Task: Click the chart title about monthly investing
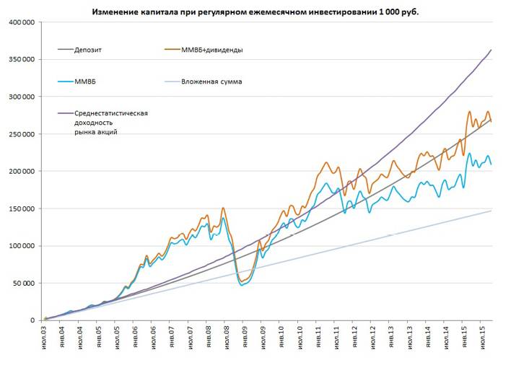[255, 12]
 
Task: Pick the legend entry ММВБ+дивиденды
[211, 50]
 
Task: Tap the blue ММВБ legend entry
[86, 82]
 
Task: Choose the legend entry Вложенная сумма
[211, 82]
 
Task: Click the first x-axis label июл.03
[45, 339]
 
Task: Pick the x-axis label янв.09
[245, 339]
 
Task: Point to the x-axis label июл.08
[227, 339]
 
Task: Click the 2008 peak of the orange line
[223, 208]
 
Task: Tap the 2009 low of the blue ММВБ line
[243, 285]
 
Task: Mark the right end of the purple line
[492, 50]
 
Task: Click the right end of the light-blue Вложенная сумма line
[492, 211]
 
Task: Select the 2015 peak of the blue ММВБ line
[470, 153]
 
